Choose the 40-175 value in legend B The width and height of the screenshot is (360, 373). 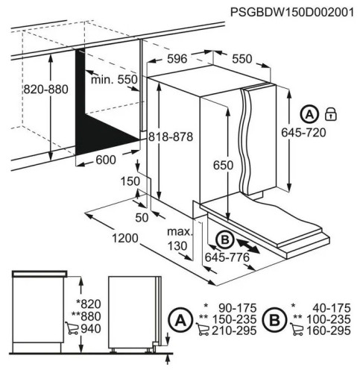pyautogui.click(x=331, y=307)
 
